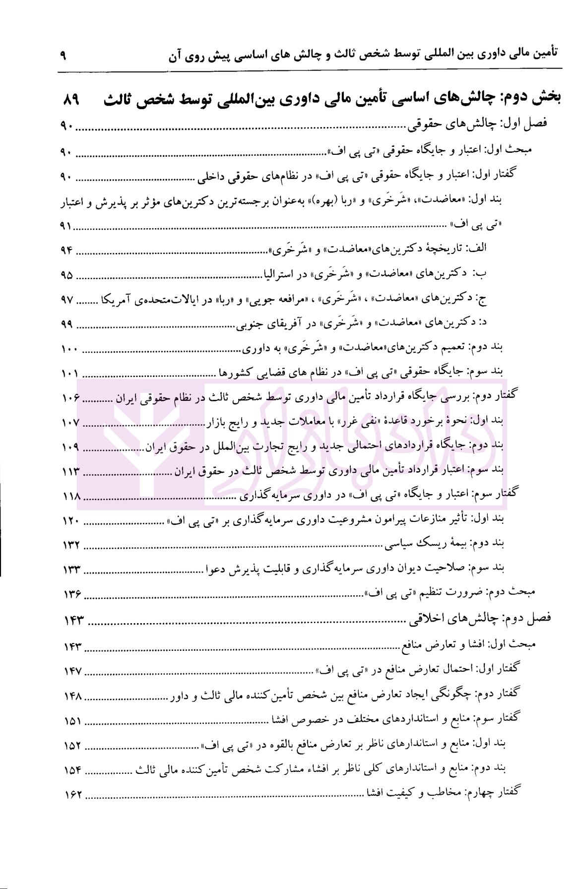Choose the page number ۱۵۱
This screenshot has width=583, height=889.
(x=72, y=720)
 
